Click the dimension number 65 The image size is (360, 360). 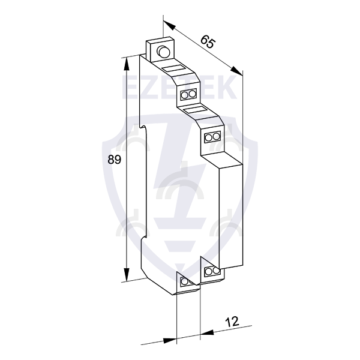coord(208,41)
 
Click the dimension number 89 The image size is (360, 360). coord(114,160)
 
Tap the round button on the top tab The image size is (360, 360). coord(163,52)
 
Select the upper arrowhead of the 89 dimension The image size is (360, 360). coord(126,64)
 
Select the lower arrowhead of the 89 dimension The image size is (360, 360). coord(126,274)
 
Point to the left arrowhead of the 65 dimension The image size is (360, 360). coord(169,25)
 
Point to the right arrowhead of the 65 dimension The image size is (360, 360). coord(236,71)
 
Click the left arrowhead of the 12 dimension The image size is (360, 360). coord(170,340)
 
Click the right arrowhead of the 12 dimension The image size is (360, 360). coord(207,332)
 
